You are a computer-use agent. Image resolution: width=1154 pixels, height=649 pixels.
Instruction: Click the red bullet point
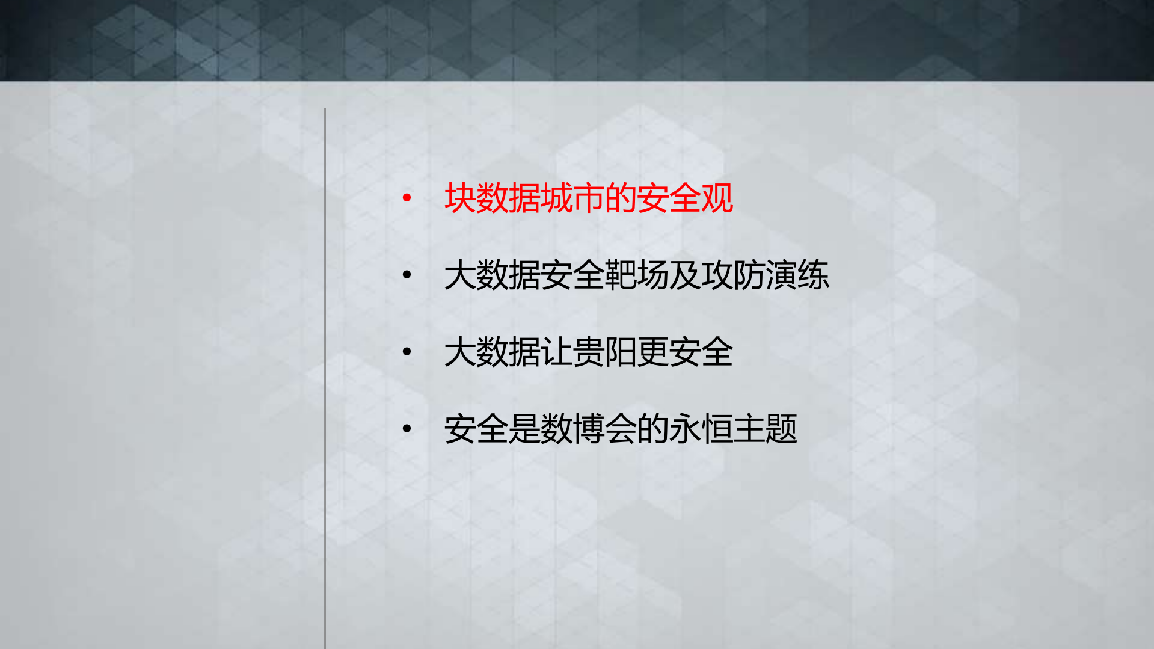coord(407,197)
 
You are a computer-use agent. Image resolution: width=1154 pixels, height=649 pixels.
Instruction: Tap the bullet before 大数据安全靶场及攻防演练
coord(407,275)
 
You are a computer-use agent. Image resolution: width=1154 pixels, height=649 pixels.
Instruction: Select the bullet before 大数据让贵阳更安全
coord(407,352)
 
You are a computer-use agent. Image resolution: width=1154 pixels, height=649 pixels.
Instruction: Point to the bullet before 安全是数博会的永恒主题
coord(407,429)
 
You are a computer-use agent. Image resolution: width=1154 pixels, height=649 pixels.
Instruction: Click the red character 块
coord(460,198)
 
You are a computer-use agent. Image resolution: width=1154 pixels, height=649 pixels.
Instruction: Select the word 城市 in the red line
coord(572,198)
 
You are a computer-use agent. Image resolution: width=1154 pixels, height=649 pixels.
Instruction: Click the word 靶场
coord(637,275)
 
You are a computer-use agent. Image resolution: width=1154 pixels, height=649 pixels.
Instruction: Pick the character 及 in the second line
coord(685,275)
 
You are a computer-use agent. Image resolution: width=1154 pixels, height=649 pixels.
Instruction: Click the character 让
coord(556,352)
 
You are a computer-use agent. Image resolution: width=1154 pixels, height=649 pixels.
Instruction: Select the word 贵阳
coord(604,352)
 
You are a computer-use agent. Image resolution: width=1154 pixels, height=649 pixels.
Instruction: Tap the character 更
coord(652,352)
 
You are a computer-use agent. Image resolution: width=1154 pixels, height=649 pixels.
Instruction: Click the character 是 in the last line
coord(524,429)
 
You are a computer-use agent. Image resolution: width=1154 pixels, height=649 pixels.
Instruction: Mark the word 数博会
coord(589,429)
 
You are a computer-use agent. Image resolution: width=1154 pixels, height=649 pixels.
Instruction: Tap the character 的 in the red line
coord(621,198)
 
